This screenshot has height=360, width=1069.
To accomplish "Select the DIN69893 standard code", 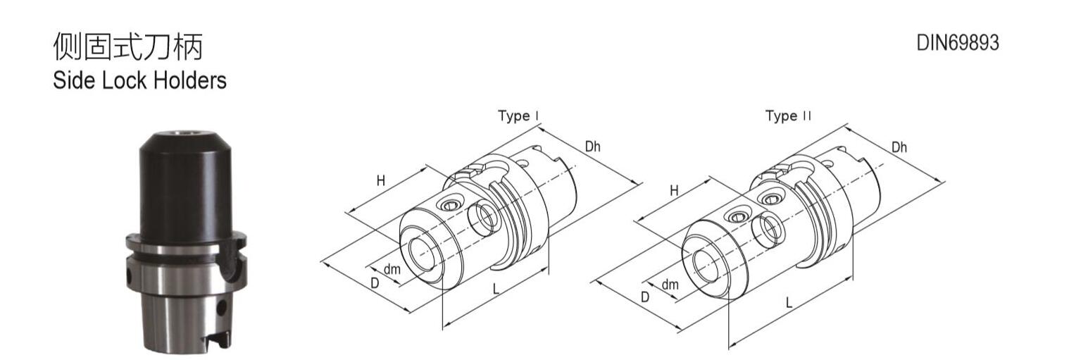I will (x=957, y=43).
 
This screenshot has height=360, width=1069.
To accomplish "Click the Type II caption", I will (x=788, y=116).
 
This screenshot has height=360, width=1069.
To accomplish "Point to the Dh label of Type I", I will (x=592, y=147).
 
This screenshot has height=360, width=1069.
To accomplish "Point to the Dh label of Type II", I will (x=899, y=147).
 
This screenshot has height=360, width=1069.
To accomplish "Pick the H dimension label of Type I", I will (x=381, y=180).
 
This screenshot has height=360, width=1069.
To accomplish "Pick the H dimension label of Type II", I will (x=674, y=190).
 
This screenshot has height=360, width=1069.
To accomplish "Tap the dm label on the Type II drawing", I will (x=670, y=285).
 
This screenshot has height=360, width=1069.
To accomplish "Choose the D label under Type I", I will (x=375, y=283).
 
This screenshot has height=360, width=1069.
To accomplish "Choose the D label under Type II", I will (x=644, y=297).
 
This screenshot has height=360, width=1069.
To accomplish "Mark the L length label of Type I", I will (x=496, y=288).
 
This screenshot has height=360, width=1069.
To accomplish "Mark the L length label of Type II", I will (x=789, y=303).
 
